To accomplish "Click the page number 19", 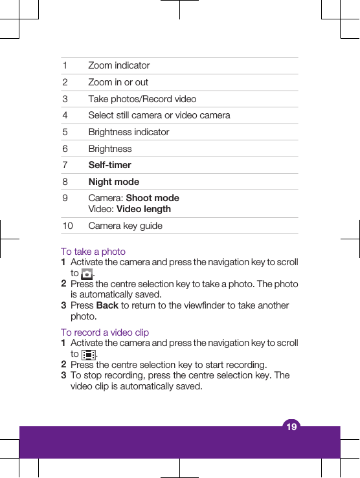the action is pyautogui.click(x=291, y=426).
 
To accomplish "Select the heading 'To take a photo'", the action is pyautogui.click(x=93, y=252).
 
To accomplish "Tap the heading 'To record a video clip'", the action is pyautogui.click(x=105, y=332).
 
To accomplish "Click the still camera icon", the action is pyautogui.click(x=87, y=274).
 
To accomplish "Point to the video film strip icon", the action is pyautogui.click(x=89, y=354).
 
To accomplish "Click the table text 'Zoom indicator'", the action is pyautogui.click(x=119, y=65).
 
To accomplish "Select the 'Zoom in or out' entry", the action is pyautogui.click(x=118, y=82).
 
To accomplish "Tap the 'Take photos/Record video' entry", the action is pyautogui.click(x=142, y=99).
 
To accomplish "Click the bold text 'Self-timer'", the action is pyautogui.click(x=110, y=165).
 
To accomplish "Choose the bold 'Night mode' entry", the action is pyautogui.click(x=114, y=182).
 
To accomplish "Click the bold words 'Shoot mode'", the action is pyautogui.click(x=153, y=198).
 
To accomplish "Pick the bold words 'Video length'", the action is pyautogui.click(x=144, y=209).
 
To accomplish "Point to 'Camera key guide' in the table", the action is pyautogui.click(x=126, y=226).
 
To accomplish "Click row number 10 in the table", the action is pyautogui.click(x=67, y=226).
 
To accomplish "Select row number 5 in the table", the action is pyautogui.click(x=65, y=132).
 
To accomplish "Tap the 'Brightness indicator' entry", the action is pyautogui.click(x=129, y=132).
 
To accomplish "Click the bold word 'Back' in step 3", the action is pyautogui.click(x=107, y=305).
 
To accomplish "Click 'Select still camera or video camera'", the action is pyautogui.click(x=159, y=115).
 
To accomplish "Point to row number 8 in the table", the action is pyautogui.click(x=65, y=182).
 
